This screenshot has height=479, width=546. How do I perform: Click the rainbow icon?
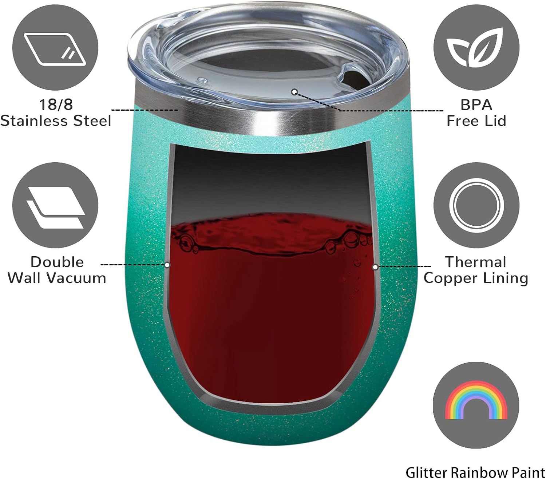[476, 400]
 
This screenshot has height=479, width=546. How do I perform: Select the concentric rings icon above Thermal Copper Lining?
[476, 206]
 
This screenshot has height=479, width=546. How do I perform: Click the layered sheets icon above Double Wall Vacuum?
[56, 207]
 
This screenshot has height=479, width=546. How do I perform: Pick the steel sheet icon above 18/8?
[55, 49]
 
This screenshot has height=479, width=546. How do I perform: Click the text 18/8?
[56, 104]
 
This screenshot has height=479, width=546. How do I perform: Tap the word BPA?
[476, 105]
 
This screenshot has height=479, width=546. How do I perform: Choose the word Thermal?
[476, 262]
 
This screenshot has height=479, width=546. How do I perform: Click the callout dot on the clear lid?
[294, 92]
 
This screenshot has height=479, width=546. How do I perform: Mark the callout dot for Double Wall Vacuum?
[167, 265]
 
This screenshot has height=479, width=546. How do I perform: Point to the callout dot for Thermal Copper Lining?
[375, 267]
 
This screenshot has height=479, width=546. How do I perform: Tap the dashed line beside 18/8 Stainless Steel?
[145, 110]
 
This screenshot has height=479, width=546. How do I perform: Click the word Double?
[57, 262]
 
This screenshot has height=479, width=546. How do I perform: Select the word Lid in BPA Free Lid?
[495, 121]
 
